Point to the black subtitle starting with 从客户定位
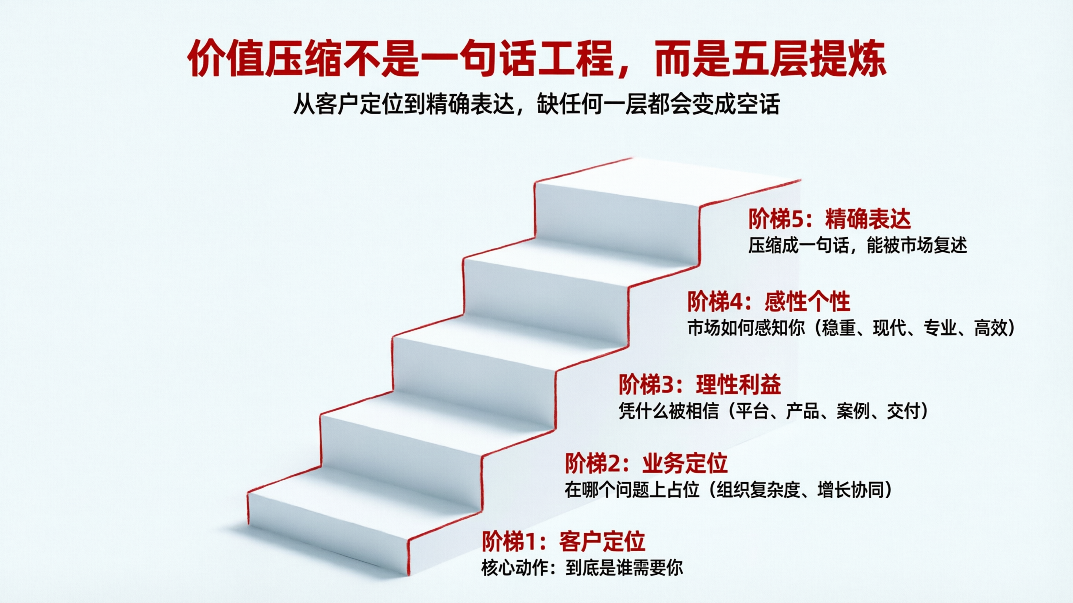point(536,104)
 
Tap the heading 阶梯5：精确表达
point(829,219)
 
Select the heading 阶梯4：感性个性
point(768,302)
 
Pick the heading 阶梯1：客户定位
point(564,541)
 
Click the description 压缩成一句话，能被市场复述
point(857,245)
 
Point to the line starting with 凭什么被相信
point(773,411)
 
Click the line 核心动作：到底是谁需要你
point(582,568)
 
